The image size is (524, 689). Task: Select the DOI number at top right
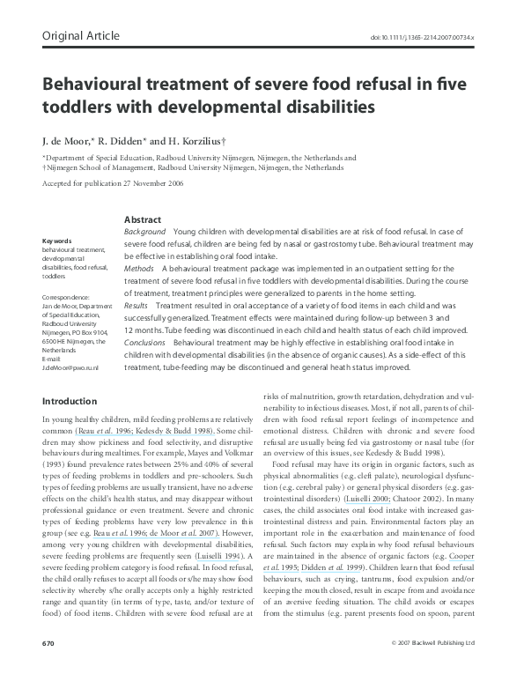423,38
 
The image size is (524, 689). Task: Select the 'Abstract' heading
143,219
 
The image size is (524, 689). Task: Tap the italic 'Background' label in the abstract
144,230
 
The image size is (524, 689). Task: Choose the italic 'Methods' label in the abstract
139,267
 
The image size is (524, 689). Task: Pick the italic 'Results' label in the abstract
138,304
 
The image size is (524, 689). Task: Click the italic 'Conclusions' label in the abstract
144,341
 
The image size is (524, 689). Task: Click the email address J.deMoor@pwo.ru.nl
70,367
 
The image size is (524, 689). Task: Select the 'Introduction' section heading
70,402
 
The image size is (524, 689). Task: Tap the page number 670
48,668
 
